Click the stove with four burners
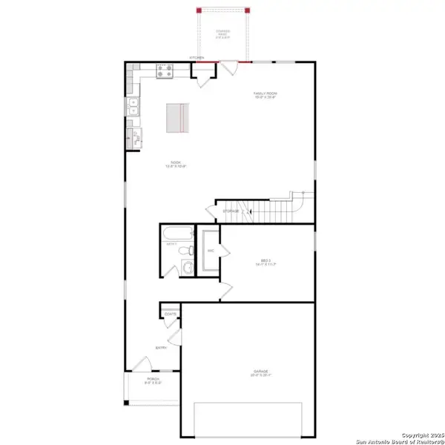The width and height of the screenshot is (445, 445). tap(164, 72)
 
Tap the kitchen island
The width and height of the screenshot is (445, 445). tap(177, 117)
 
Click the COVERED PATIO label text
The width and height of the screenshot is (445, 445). tap(222, 33)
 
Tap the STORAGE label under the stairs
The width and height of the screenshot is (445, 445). tap(231, 212)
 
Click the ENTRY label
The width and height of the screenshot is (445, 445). tap(160, 346)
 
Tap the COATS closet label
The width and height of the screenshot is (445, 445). tap(170, 314)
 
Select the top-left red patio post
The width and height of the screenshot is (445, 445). tap(198, 10)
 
